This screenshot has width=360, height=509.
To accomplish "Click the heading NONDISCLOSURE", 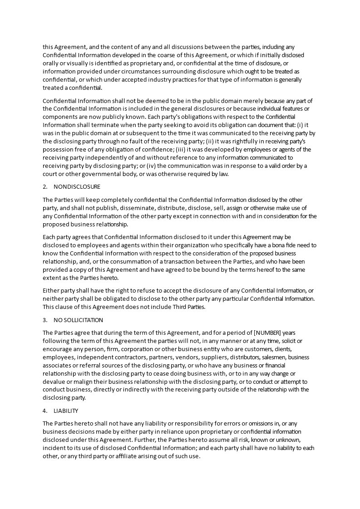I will pos(77,187).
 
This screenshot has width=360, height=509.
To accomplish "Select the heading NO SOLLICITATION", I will pos(78,320).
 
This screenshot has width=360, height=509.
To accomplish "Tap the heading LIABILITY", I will pos(66,411).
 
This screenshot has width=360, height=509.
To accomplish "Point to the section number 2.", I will pos(45,187).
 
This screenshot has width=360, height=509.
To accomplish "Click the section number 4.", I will pos(45,411).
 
